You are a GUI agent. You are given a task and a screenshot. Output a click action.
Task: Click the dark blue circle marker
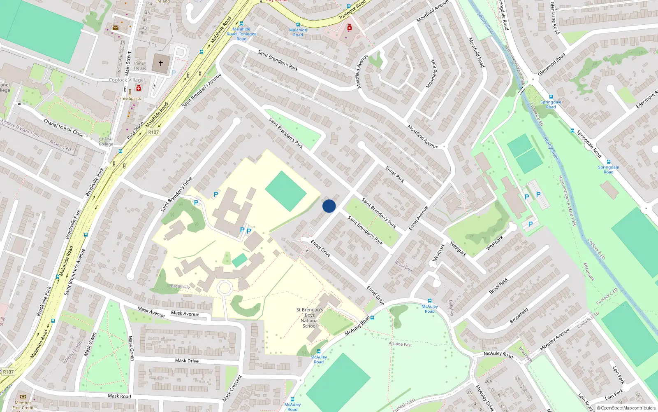(x=329, y=206)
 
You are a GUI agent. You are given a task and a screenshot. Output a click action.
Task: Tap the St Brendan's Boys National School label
(x=310, y=318)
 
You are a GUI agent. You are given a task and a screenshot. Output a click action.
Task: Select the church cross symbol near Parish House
(x=161, y=63)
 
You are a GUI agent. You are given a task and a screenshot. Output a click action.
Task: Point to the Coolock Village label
(x=126, y=80)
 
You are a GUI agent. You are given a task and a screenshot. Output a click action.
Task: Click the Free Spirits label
(x=130, y=98)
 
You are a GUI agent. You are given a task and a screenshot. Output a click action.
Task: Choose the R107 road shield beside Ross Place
(x=153, y=132)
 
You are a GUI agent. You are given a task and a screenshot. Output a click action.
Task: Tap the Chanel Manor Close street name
(x=63, y=128)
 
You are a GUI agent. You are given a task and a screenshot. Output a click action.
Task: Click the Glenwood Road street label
(x=551, y=64)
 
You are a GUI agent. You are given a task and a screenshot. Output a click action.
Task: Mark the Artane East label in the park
(x=400, y=344)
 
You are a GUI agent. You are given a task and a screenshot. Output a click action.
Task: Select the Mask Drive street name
(x=187, y=360)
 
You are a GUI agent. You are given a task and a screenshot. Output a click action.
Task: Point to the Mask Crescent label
(x=232, y=388)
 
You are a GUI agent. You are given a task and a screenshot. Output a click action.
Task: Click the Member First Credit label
(x=23, y=405)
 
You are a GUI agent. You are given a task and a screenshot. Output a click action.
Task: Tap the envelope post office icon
(x=116, y=28)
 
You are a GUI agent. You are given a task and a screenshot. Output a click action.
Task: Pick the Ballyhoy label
(x=452, y=308)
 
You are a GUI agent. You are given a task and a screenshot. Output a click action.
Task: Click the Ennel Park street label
(x=394, y=174)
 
